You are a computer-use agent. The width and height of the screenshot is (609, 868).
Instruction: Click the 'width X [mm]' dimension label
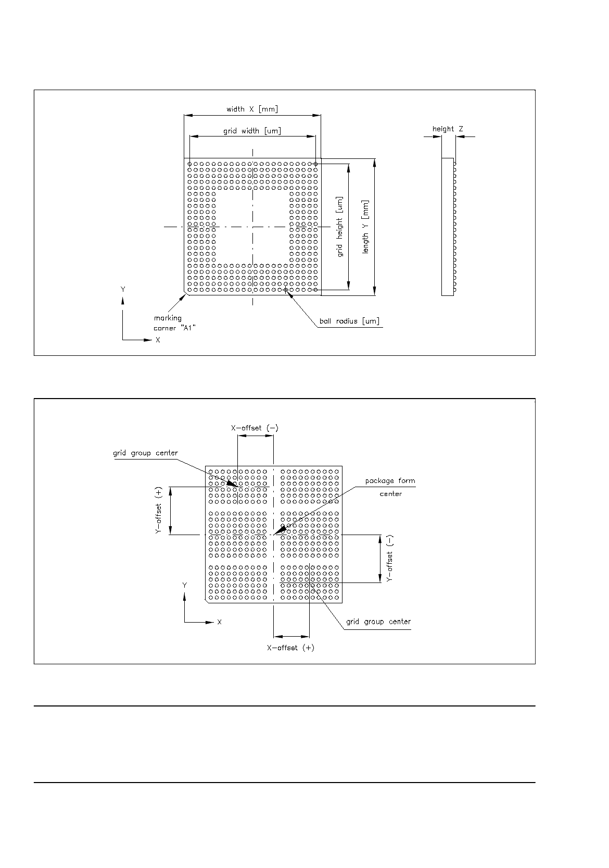(x=252, y=109)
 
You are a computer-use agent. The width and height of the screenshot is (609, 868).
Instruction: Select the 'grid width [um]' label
(x=252, y=131)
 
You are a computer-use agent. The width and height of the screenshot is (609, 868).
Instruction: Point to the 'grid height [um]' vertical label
(x=340, y=227)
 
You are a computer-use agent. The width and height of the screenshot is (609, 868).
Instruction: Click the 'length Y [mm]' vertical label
(x=366, y=227)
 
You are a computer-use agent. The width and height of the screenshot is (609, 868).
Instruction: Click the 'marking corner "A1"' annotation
(x=168, y=323)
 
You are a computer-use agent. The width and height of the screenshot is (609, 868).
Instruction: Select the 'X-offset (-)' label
(x=255, y=428)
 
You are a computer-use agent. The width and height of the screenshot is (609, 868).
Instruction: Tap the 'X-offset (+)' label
(x=290, y=648)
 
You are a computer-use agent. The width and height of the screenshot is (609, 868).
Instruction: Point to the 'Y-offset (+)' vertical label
(x=159, y=511)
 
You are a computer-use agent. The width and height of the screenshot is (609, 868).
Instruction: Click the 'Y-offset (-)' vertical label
(x=390, y=559)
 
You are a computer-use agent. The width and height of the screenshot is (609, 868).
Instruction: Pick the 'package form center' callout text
(x=390, y=487)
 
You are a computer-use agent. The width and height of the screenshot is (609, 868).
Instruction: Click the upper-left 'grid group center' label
(x=145, y=453)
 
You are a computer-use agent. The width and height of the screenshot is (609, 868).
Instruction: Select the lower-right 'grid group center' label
(x=378, y=622)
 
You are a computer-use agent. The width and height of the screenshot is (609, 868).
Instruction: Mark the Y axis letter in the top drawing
(x=123, y=289)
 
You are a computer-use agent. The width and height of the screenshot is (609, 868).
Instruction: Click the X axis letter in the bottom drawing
(x=220, y=622)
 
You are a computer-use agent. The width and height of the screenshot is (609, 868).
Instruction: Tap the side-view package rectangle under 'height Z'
(x=447, y=227)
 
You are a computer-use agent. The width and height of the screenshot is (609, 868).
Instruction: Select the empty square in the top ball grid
(x=252, y=227)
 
